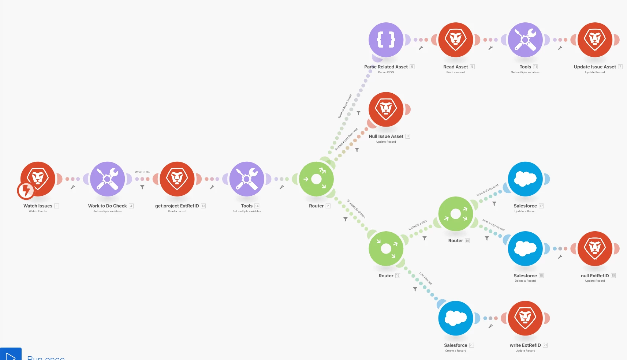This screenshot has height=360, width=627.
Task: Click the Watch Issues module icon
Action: point(38,179)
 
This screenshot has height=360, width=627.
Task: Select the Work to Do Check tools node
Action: point(107,179)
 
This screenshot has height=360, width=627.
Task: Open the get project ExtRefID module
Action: point(177,179)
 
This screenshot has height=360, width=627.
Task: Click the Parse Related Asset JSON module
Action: point(386,40)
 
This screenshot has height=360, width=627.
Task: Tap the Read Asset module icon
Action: point(456,40)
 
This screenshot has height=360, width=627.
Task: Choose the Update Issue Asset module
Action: point(595,40)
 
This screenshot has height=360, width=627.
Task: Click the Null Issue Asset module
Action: point(386,109)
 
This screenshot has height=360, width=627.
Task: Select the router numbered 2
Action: point(316,179)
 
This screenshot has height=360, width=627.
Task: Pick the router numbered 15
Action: point(386,248)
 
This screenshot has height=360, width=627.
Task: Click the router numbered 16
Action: point(456,214)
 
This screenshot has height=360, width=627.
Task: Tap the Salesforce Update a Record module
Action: point(525,179)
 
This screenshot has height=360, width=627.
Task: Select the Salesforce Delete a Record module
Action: point(525,248)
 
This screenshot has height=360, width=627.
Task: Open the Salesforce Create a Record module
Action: point(456,318)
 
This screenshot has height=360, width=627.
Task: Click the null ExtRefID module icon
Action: point(595,248)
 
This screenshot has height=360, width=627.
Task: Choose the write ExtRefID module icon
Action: point(525,318)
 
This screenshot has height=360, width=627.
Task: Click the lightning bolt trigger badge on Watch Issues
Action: point(26,190)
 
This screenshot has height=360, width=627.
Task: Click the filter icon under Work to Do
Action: point(142,187)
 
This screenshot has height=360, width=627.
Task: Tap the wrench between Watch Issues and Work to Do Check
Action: point(72,187)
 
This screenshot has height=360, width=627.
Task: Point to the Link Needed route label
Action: point(426,278)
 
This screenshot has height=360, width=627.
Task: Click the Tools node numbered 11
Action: point(525,40)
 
